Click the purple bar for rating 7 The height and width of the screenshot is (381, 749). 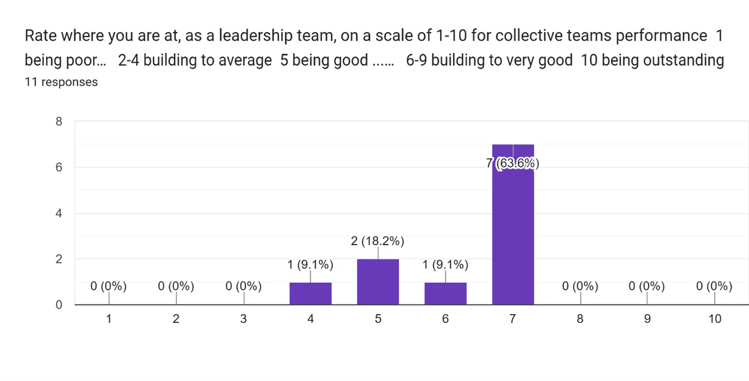[513, 228]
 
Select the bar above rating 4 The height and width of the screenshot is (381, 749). [310, 293]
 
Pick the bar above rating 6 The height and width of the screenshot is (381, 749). [445, 293]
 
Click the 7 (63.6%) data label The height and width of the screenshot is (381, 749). [513, 163]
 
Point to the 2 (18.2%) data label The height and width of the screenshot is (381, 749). [378, 241]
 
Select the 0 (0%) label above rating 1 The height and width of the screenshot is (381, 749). [109, 286]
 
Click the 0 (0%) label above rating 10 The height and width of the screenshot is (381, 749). [714, 286]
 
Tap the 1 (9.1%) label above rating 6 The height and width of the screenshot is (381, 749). [445, 265]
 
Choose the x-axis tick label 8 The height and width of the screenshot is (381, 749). [580, 319]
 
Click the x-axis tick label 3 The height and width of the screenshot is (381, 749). [243, 319]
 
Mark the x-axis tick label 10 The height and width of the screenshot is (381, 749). [715, 319]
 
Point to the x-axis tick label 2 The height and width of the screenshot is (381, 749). [176, 319]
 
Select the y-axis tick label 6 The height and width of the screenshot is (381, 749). [59, 167]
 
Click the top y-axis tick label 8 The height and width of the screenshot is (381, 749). [59, 122]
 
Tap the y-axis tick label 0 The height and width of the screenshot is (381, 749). [59, 305]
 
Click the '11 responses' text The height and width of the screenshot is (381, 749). [61, 82]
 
